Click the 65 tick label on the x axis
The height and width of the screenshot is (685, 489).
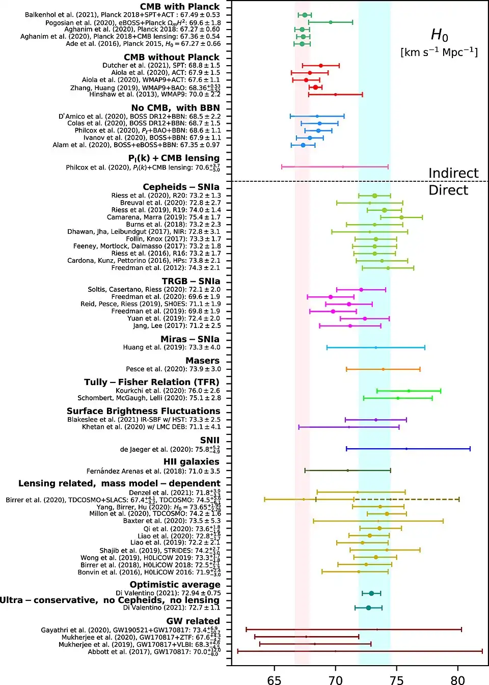(274, 680)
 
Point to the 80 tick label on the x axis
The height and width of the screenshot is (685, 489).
(457, 680)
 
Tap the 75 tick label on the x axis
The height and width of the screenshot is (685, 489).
(396, 680)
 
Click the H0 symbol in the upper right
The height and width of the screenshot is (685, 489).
(439, 35)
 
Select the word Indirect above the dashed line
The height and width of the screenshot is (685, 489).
(453, 173)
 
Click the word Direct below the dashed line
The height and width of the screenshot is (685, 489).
(448, 190)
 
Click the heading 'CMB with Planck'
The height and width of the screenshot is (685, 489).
(180, 7)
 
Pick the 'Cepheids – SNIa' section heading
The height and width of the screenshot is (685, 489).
(181, 187)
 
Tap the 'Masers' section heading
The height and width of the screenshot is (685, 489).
(202, 361)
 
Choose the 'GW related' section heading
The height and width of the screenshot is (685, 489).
(193, 621)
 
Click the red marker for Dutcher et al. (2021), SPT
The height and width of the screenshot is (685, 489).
(320, 66)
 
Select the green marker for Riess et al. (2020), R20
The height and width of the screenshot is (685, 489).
(374, 196)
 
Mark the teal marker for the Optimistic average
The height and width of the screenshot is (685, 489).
(371, 593)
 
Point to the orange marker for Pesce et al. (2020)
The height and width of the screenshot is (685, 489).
(383, 369)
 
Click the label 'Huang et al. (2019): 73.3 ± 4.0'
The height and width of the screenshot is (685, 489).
(172, 347)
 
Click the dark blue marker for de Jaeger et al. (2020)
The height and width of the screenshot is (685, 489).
(406, 449)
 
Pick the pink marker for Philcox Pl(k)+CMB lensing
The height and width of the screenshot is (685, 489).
(343, 167)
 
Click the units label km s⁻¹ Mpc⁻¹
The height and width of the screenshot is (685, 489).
(439, 52)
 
